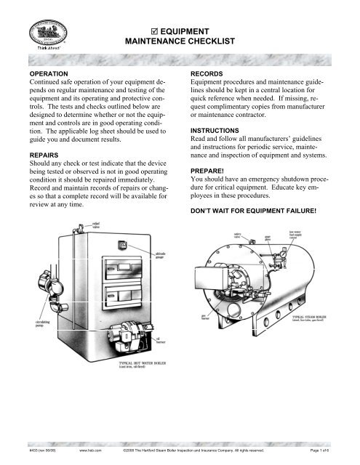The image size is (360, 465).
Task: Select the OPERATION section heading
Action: coord(50,74)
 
